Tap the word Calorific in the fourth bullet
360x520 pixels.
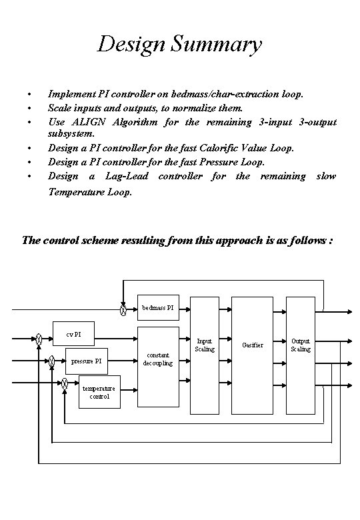click(x=226, y=147)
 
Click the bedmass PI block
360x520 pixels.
click(x=159, y=309)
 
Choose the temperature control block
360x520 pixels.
click(x=98, y=392)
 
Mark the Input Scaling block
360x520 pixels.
click(x=205, y=345)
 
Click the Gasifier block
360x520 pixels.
click(x=253, y=345)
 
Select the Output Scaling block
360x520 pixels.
click(x=300, y=345)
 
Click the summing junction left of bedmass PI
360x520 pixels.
click(x=123, y=309)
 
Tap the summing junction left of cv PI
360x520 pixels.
click(x=40, y=339)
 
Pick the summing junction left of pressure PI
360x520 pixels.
click(x=52, y=361)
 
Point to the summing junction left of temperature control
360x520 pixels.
click(x=65, y=383)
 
